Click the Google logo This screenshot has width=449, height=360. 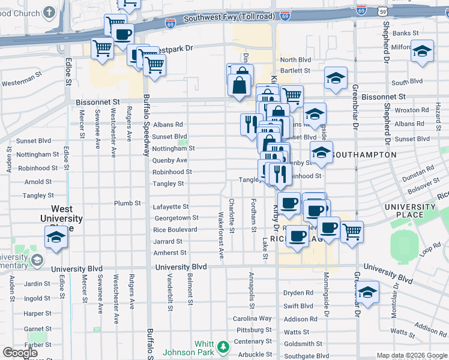[20, 353]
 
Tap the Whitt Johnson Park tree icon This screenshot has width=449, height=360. [223, 347]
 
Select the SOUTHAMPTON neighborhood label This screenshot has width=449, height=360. [363, 155]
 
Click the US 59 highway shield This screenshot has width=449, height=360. [383, 10]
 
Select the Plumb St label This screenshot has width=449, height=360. [127, 203]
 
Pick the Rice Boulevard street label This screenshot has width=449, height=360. [175, 230]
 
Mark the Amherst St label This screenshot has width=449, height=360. [170, 253]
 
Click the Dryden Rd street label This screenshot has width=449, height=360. [298, 293]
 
